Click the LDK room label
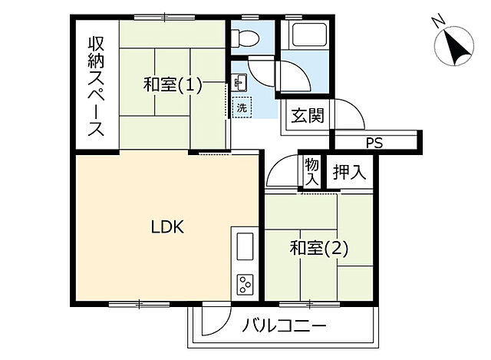(x=165, y=227)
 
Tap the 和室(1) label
(x=173, y=85)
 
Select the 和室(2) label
(x=318, y=248)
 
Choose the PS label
(x=374, y=143)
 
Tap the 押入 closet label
(x=349, y=171)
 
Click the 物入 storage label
(x=311, y=170)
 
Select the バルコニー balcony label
(x=285, y=326)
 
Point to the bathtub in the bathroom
(x=305, y=35)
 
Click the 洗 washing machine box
(x=242, y=108)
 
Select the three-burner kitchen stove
(x=246, y=285)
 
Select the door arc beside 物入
(x=281, y=173)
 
